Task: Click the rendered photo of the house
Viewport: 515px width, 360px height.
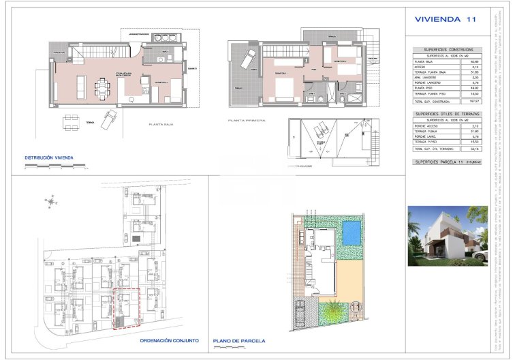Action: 447,235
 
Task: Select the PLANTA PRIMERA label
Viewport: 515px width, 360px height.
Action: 247,121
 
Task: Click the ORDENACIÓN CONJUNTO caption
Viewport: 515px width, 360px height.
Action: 169,340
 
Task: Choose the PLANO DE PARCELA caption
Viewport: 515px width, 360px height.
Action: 239,341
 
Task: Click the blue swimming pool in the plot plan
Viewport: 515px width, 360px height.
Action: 351,232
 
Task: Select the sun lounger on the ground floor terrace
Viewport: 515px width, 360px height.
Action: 108,122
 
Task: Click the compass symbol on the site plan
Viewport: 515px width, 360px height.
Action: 52,200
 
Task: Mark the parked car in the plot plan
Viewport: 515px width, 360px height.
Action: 300,316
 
